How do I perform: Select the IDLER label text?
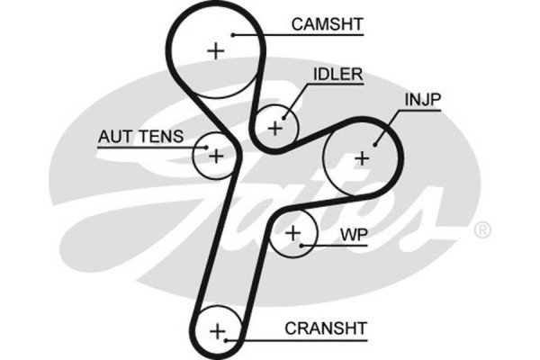click(337, 75)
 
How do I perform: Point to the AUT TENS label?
click(140, 137)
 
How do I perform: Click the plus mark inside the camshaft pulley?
click(215, 50)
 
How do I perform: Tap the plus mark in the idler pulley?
click(274, 126)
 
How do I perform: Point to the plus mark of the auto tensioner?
click(216, 156)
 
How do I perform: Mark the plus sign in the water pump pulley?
click(293, 234)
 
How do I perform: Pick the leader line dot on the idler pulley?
click(285, 114)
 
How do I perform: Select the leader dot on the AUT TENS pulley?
click(206, 144)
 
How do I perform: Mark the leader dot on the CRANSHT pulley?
click(229, 340)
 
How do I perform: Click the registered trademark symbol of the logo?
click(481, 230)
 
